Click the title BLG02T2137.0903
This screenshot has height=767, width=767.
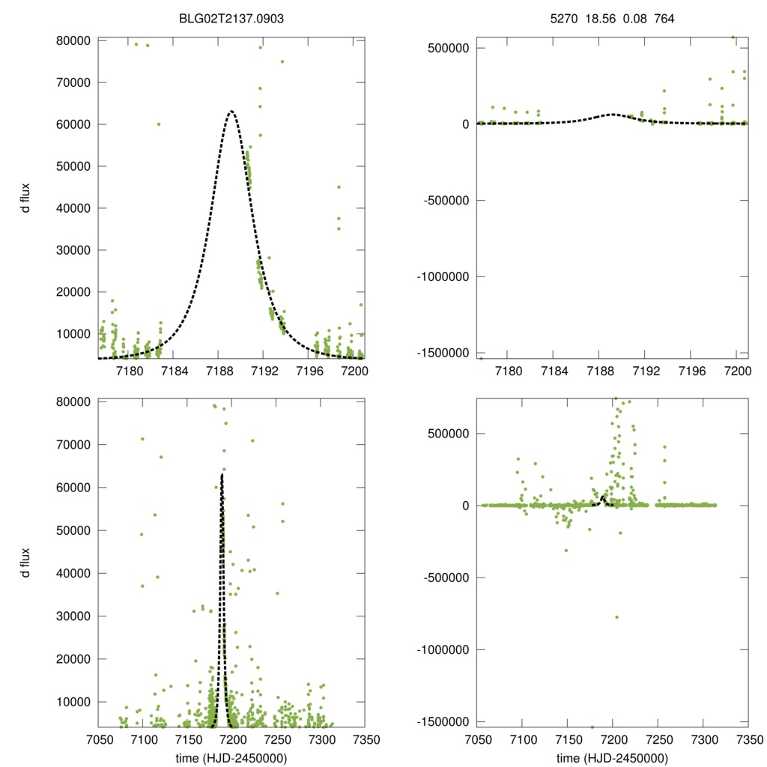point(231,19)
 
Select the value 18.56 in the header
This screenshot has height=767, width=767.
point(600,19)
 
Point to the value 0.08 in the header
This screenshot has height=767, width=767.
point(634,19)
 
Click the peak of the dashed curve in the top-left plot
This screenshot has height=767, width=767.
point(231,111)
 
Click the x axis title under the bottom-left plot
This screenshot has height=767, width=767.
point(231,757)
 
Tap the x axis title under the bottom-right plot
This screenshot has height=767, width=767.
point(613,757)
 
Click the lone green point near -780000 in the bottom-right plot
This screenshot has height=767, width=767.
point(616,617)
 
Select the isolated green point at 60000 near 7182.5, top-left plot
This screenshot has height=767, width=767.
point(159,124)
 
